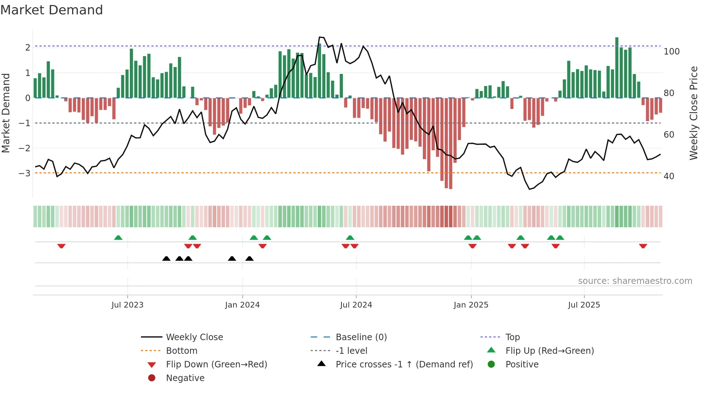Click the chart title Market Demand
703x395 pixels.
(x=52, y=10)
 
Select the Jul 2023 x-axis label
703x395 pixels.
(x=127, y=305)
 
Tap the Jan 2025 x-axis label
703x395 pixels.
(x=471, y=305)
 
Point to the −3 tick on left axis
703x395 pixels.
(x=25, y=173)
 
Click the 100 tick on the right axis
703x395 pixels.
(x=671, y=52)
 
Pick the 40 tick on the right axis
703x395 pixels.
(x=669, y=176)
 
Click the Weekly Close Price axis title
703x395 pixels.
(x=694, y=113)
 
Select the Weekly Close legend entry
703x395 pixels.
(x=194, y=337)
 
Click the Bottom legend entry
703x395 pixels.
(x=181, y=351)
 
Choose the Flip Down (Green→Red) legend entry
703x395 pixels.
(x=216, y=365)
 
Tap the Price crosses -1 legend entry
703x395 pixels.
(x=404, y=365)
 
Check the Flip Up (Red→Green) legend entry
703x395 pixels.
(x=549, y=351)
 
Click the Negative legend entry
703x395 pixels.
(x=185, y=378)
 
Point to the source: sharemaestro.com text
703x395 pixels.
(x=635, y=281)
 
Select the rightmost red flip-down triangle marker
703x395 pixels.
(x=643, y=246)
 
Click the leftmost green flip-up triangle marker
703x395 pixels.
(x=118, y=238)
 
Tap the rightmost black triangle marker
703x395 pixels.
(x=250, y=258)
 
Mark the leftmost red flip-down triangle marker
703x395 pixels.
(x=61, y=246)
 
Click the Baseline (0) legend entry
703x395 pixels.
(x=361, y=337)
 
